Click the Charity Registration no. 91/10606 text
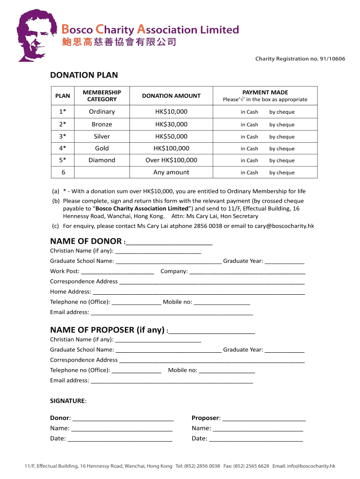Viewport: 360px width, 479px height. (x=300, y=59)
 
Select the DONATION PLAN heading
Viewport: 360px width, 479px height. (x=84, y=75)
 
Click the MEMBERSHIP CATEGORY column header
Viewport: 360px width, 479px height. (x=101, y=96)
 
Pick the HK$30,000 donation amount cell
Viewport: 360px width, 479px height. (x=171, y=124)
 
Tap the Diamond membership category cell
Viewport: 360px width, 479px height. (x=101, y=160)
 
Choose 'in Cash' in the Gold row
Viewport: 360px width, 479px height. (x=249, y=149)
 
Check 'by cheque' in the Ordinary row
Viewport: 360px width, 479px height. (x=281, y=112)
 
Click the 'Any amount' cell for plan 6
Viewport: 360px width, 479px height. (x=171, y=172)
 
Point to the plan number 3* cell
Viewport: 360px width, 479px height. (x=63, y=137)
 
